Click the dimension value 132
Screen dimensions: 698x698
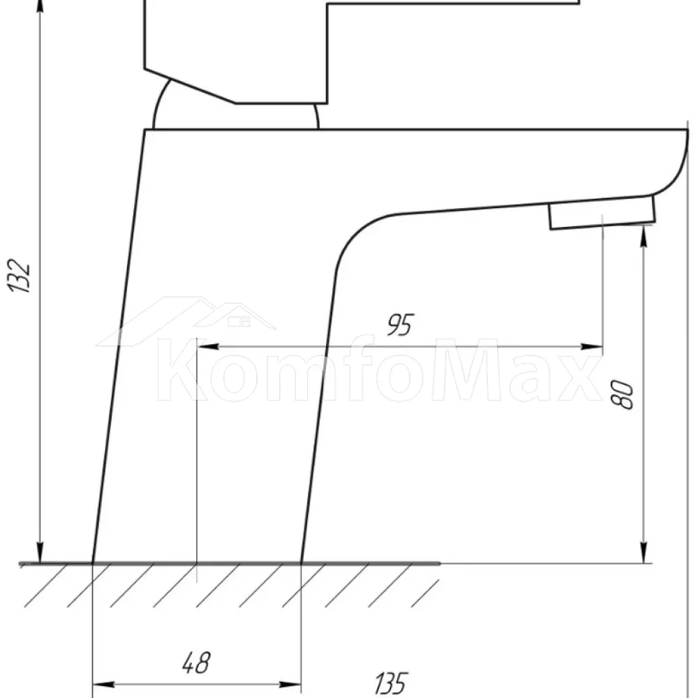19,276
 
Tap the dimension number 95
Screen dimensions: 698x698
400,325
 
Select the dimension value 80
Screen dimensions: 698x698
622,394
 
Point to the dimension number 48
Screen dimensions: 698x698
196,663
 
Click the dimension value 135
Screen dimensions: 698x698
391,683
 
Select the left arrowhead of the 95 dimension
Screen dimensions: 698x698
207,346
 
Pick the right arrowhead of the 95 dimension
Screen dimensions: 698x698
592,346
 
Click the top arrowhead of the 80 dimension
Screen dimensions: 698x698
644,236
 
